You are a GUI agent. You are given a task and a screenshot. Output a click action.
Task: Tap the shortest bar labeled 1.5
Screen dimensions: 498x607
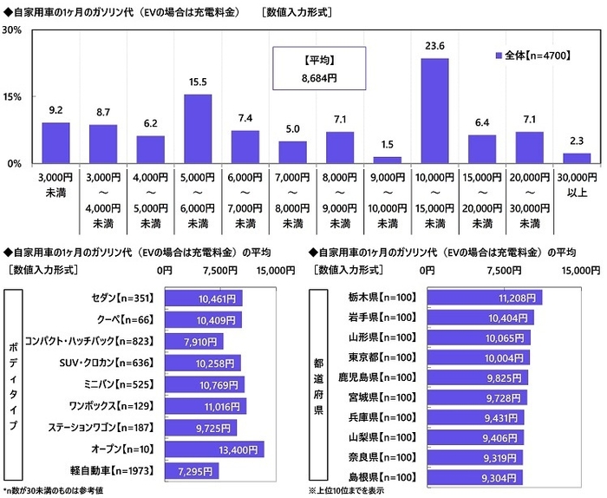click(387, 160)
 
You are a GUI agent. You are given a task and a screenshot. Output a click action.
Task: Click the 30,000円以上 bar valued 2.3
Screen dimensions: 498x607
click(577, 158)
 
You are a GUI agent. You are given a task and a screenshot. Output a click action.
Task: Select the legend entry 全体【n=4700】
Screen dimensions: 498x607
click(532, 55)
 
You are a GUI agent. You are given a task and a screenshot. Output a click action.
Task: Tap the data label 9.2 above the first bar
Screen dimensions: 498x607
click(55, 110)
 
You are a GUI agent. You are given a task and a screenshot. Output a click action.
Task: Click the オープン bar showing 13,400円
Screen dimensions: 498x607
click(213, 449)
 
